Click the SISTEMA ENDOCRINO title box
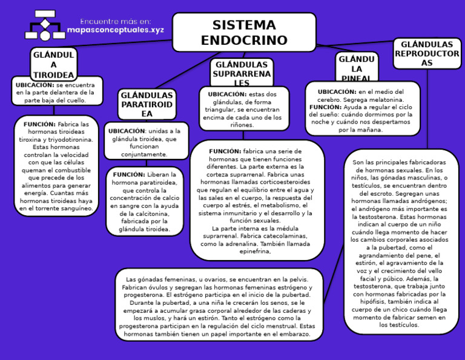point(244,33)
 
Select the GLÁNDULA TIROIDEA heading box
point(53,64)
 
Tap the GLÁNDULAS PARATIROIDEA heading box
point(147,105)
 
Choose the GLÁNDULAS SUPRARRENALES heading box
point(242,73)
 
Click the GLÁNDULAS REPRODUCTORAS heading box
point(427,54)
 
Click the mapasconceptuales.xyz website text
point(115,29)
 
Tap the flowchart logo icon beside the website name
point(45,25)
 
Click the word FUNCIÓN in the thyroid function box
point(39,124)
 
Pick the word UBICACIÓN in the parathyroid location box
point(127,131)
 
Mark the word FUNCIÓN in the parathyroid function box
point(128,175)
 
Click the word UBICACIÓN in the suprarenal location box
point(227,94)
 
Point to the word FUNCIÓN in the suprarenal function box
point(225,151)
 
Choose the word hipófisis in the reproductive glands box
point(399,301)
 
